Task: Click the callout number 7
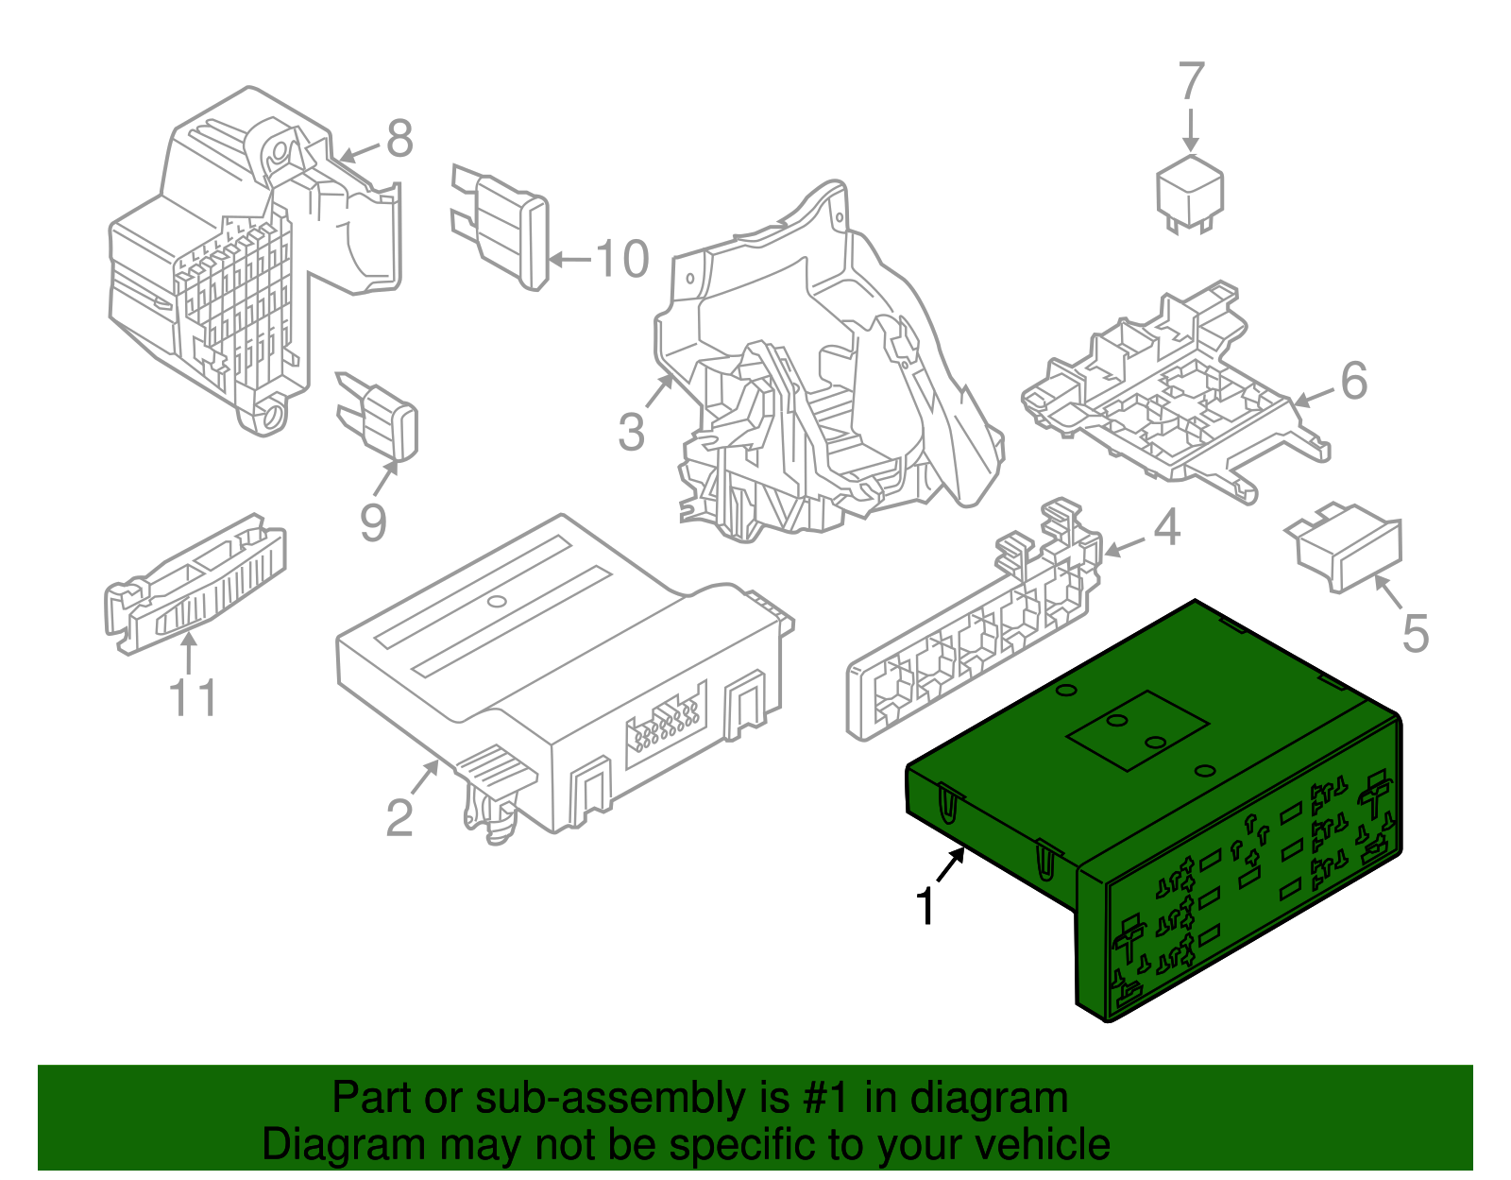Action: [x=1192, y=82]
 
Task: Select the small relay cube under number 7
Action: [x=1190, y=192]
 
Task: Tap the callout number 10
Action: [x=621, y=259]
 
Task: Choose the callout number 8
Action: [x=399, y=140]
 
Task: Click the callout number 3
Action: [x=631, y=433]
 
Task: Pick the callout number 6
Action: [x=1353, y=382]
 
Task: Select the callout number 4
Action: [x=1167, y=528]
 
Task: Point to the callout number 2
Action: [x=399, y=818]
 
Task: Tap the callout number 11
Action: [x=194, y=699]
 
